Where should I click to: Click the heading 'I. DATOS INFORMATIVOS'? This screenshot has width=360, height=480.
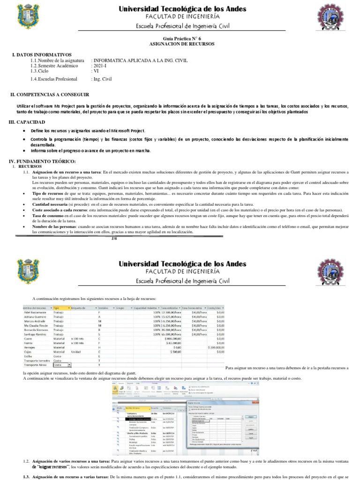[42, 55]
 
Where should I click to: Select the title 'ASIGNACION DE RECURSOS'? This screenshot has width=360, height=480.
[180, 44]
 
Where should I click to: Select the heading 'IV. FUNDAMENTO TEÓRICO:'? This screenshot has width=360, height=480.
[43, 161]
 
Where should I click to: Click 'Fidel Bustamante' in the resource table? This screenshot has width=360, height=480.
[37, 312]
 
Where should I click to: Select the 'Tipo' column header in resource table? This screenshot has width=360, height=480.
[57, 307]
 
